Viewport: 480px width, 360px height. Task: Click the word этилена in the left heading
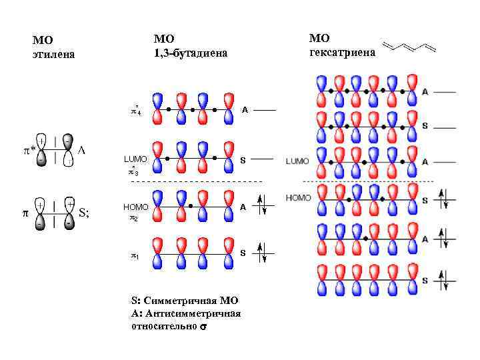point(53,54)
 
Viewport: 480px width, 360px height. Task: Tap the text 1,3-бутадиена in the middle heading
point(190,53)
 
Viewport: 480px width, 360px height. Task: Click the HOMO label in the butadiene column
point(135,207)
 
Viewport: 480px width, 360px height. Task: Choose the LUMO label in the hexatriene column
point(297,161)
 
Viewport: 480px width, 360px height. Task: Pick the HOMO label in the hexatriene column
point(298,198)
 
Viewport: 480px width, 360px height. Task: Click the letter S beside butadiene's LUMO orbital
point(243,161)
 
